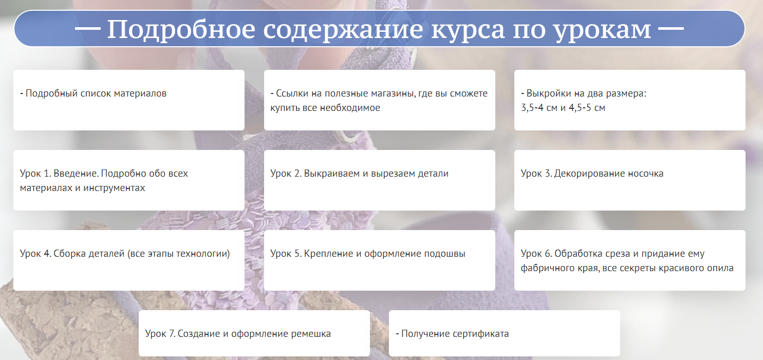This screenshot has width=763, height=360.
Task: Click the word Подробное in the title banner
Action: pyautogui.click(x=181, y=29)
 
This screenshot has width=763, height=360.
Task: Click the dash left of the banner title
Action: pyautogui.click(x=87, y=29)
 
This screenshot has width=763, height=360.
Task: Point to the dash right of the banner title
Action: pyautogui.click(x=671, y=29)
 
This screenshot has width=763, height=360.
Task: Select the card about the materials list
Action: pyautogui.click(x=129, y=100)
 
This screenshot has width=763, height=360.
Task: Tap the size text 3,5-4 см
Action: pyautogui.click(x=539, y=108)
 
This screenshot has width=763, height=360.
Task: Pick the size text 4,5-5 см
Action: pyautogui.click(x=587, y=108)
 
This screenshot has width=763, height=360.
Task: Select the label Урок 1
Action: pyautogui.click(x=35, y=174)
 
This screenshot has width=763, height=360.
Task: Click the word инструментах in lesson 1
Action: pyautogui.click(x=114, y=188)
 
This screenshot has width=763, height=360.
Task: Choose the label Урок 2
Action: pyautogui.click(x=286, y=174)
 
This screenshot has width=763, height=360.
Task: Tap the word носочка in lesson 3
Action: pyautogui.click(x=645, y=174)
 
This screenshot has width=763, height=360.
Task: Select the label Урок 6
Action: pyautogui.click(x=536, y=254)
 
